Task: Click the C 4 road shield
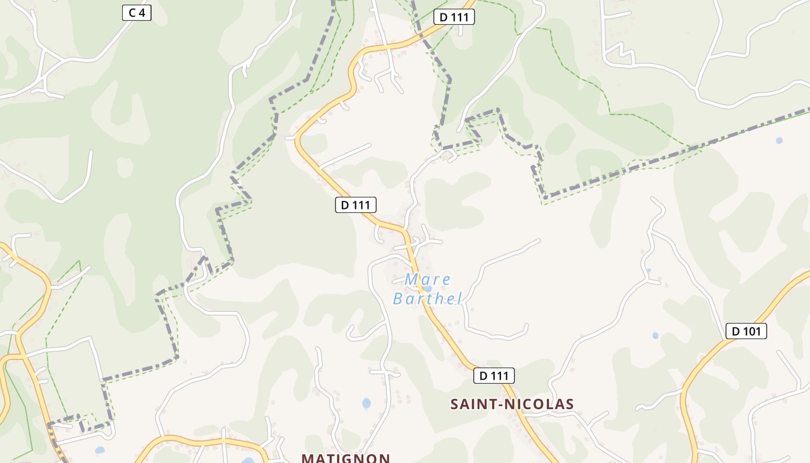click(x=137, y=13)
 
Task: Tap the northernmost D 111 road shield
click(x=454, y=17)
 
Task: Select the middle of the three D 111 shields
click(x=356, y=204)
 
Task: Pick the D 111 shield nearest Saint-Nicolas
click(x=494, y=376)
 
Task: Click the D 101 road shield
click(x=746, y=331)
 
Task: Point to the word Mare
click(x=428, y=280)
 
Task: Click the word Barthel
click(x=428, y=299)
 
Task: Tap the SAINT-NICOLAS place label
click(x=512, y=404)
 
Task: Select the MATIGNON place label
click(x=345, y=458)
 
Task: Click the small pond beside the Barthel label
click(x=427, y=288)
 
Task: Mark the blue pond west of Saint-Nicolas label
click(x=366, y=403)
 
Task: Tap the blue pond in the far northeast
click(x=779, y=140)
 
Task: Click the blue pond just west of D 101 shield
click(x=656, y=335)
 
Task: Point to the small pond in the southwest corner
click(x=100, y=450)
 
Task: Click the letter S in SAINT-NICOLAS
click(x=455, y=404)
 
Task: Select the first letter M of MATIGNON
click(x=307, y=458)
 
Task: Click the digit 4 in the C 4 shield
click(x=142, y=13)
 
